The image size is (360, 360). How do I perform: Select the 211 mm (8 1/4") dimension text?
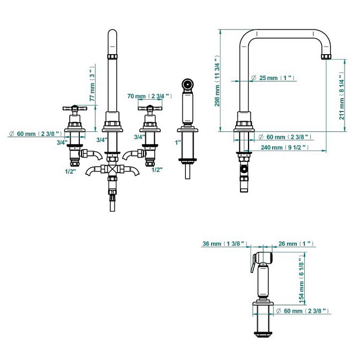pos(342,96)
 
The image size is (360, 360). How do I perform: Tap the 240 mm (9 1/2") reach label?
pos(284,147)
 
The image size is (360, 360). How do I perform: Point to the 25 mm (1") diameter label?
pos(273,78)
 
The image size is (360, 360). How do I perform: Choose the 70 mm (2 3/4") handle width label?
pos(149,96)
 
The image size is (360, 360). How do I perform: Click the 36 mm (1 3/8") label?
pos(225,244)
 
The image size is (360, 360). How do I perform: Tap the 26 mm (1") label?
pos(296,244)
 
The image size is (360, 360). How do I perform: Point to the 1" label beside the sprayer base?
pos(178,142)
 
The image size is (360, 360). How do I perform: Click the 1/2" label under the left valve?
pos(70,171)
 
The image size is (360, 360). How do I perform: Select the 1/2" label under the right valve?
pos(157,170)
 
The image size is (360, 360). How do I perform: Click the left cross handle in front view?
pos(75,108)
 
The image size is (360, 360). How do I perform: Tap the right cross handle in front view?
pos(150,108)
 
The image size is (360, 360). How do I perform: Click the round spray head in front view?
pos(187,84)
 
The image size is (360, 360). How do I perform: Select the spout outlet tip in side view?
pos(326,56)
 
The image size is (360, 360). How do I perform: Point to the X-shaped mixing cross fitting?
pos(112,170)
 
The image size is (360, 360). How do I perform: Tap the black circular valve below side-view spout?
pos(244,170)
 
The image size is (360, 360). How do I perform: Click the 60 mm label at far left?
pos(35,133)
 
